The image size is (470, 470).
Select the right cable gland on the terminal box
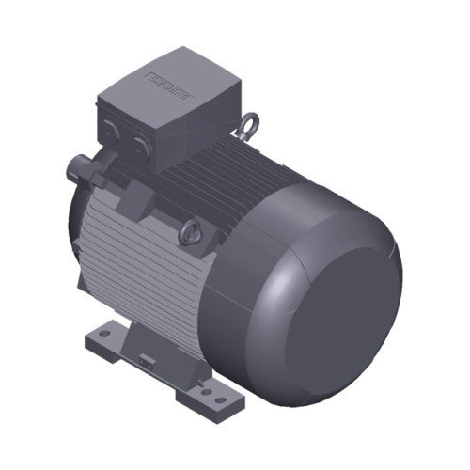(x=140, y=144)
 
